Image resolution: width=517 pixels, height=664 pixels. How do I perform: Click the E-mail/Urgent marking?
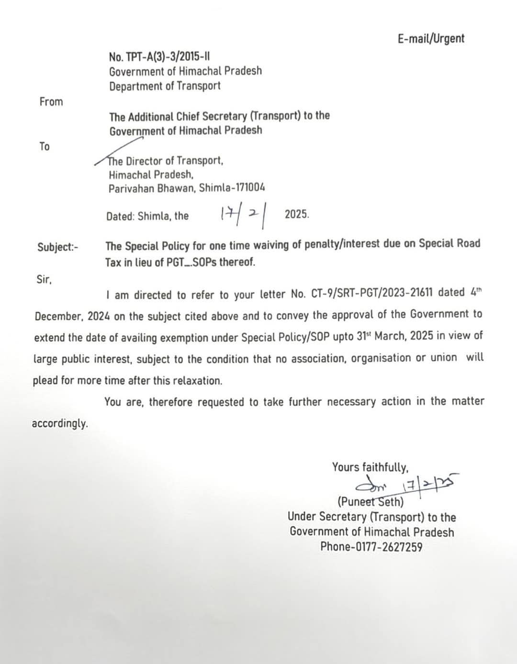tap(430, 38)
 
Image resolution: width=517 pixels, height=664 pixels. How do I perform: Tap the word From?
tap(51, 101)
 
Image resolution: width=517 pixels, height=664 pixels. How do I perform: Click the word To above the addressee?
tap(45, 146)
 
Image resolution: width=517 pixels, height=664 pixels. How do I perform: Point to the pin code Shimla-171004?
tap(232, 188)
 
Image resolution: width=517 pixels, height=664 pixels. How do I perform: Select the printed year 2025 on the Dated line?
tap(296, 214)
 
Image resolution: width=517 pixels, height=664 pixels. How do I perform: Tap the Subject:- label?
tap(58, 247)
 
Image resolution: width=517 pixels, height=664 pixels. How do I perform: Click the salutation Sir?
tap(44, 279)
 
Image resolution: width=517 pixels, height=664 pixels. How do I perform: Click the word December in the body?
tap(57, 316)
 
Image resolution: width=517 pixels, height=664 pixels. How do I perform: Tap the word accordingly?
tap(60, 424)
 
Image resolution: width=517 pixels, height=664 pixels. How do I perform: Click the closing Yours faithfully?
tap(370, 467)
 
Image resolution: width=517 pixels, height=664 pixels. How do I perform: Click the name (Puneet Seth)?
tap(371, 502)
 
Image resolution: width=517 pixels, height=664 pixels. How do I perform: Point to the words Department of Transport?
tap(165, 86)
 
